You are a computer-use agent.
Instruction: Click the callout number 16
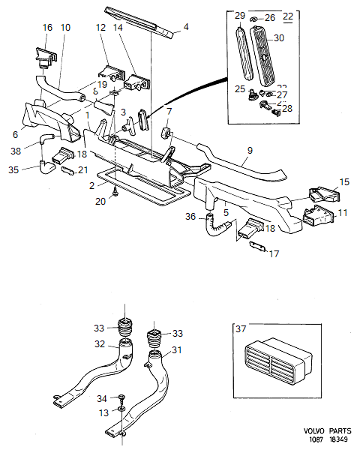point(47,27)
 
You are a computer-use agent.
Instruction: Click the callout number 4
point(186,28)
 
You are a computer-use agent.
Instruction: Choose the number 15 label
point(344,183)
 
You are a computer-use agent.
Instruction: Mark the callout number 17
point(274,254)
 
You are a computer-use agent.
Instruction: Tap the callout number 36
point(190,217)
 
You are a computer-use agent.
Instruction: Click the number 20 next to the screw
point(101,201)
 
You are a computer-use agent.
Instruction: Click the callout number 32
point(99,345)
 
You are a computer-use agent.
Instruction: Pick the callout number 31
point(177,349)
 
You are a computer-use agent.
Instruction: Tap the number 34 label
point(101,397)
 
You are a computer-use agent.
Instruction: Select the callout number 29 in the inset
point(239,16)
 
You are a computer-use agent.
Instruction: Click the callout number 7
point(169,112)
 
